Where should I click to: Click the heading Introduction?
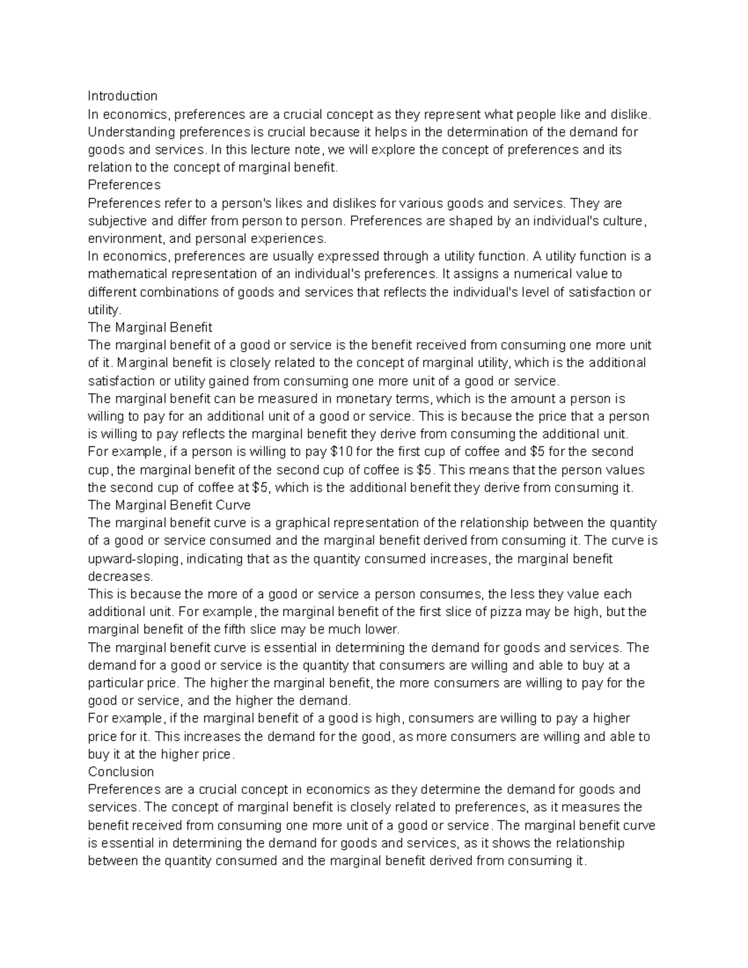(x=122, y=96)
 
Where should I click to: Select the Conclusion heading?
(x=121, y=772)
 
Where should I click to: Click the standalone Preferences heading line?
(x=124, y=185)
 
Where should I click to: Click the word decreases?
(x=120, y=576)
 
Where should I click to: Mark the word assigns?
(x=469, y=274)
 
